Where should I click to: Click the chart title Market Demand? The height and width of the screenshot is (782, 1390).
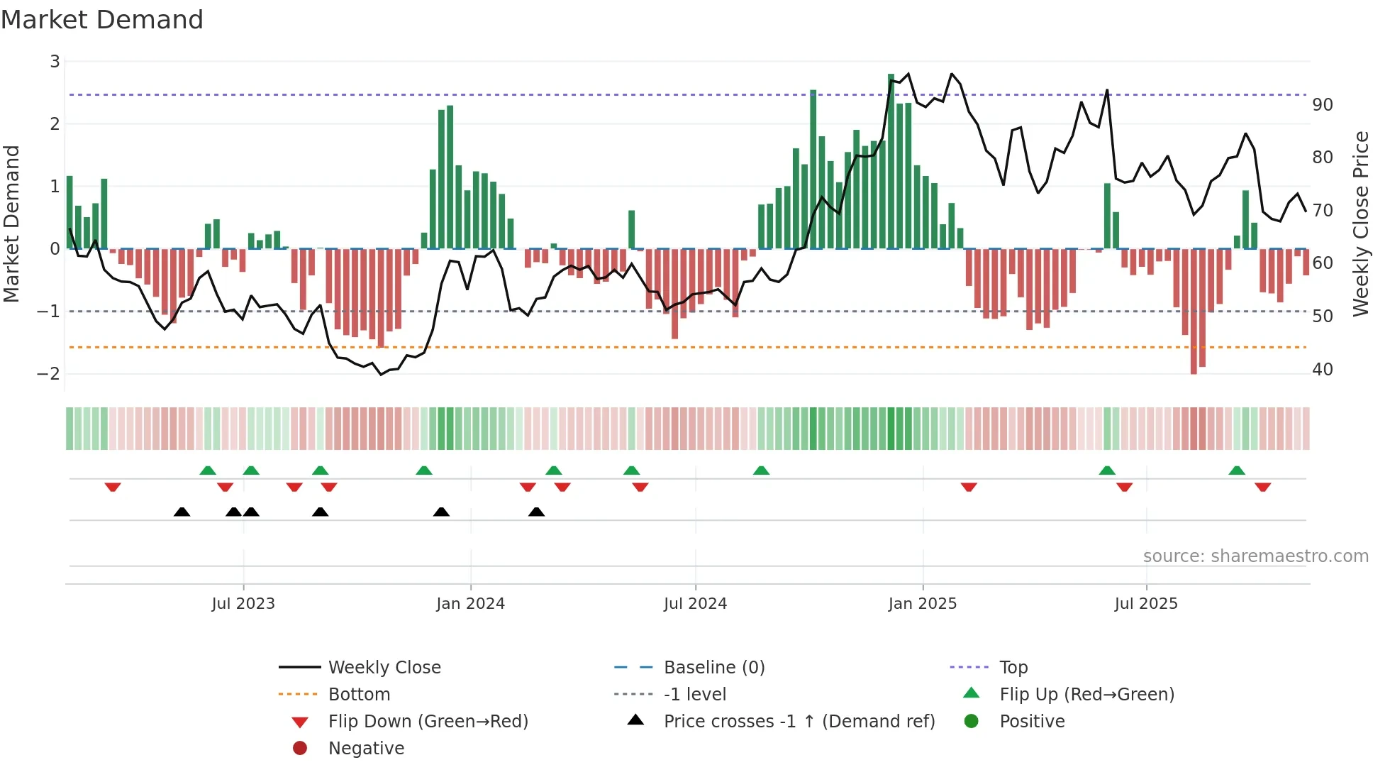pyautogui.click(x=102, y=20)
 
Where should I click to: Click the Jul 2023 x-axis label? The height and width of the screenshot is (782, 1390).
pyautogui.click(x=243, y=604)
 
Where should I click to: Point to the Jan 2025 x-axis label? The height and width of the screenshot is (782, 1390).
pyautogui.click(x=922, y=604)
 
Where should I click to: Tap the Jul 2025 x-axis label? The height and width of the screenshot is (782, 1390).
pyautogui.click(x=1145, y=604)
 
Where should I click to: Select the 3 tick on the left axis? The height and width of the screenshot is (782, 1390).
pyautogui.click(x=55, y=62)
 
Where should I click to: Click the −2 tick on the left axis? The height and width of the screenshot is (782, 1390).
pyautogui.click(x=48, y=374)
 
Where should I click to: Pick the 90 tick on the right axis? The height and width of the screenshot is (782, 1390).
pyautogui.click(x=1323, y=105)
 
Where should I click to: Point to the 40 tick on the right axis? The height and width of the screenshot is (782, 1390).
pyautogui.click(x=1323, y=370)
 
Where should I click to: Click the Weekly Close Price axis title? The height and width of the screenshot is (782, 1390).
pyautogui.click(x=1360, y=224)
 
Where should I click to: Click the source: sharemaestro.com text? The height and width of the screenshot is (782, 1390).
pyautogui.click(x=1255, y=556)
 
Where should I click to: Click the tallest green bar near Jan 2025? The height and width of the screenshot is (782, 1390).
pyautogui.click(x=891, y=162)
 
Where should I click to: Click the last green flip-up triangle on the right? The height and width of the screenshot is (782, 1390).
pyautogui.click(x=1237, y=470)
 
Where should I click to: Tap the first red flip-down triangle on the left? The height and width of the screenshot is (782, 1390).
pyautogui.click(x=113, y=487)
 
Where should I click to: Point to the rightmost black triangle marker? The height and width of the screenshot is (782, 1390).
pyautogui.click(x=537, y=512)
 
